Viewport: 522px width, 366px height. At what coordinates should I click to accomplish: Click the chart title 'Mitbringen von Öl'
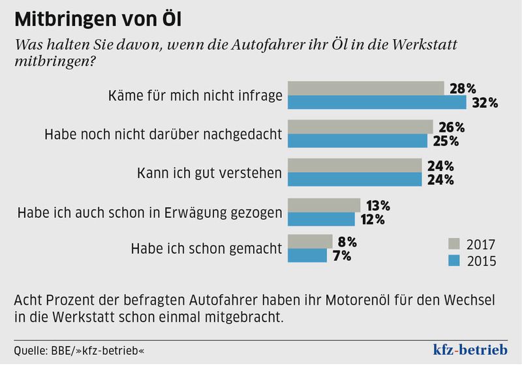point(99,20)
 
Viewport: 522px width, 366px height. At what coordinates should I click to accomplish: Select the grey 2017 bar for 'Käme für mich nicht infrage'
point(365,89)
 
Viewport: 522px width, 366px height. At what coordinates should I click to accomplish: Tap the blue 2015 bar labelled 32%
point(376,103)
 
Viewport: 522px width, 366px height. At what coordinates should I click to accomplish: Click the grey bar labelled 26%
point(360,127)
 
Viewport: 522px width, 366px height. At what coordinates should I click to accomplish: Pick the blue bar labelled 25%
point(358,141)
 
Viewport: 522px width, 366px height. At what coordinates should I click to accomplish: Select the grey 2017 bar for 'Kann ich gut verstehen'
point(355,166)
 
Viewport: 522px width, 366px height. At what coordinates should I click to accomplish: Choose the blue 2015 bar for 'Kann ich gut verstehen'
point(355,179)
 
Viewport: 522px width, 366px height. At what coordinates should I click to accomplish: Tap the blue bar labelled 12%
point(321,219)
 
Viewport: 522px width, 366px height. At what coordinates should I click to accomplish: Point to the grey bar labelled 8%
point(310,242)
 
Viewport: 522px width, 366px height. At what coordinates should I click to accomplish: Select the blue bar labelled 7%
point(307,256)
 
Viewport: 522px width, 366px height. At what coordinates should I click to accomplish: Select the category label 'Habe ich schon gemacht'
point(206,249)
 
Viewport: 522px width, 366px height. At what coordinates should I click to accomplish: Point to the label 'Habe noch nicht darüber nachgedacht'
point(163,134)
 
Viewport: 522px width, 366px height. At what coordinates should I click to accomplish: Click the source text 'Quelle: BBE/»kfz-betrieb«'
point(79,351)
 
